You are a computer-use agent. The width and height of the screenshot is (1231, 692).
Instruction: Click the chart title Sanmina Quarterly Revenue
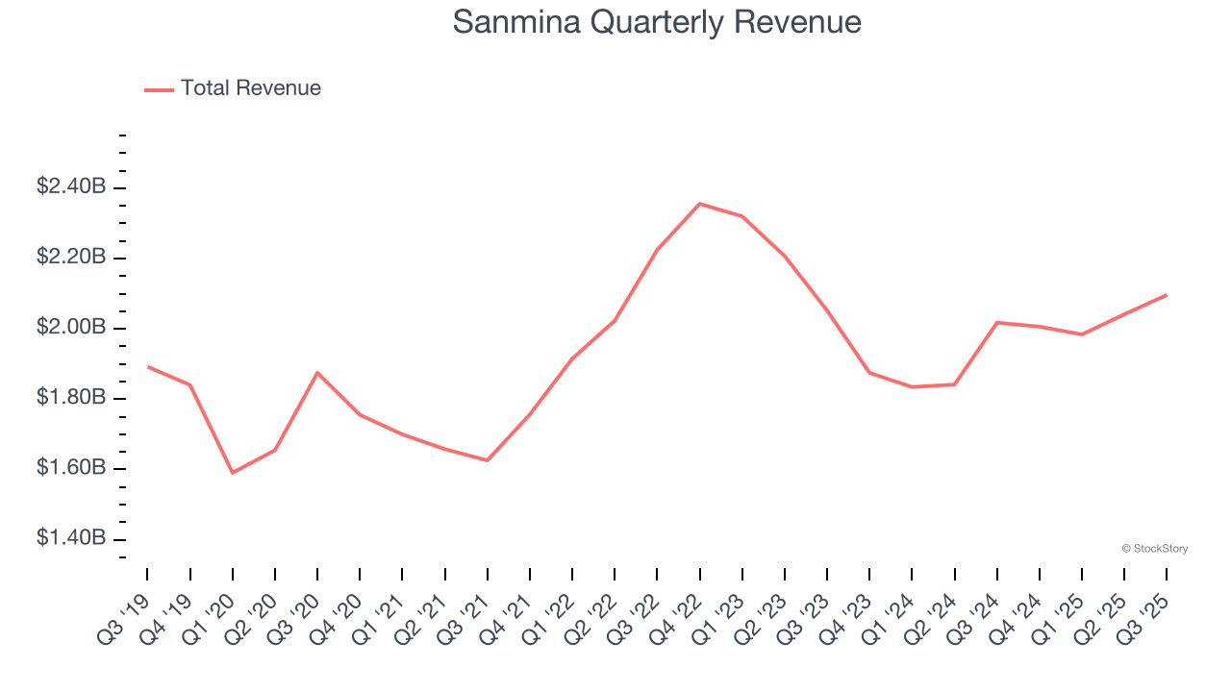pos(657,22)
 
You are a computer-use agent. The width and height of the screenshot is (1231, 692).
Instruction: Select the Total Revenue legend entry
pos(233,88)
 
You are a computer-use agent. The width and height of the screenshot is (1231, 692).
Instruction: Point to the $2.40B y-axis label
pos(71,187)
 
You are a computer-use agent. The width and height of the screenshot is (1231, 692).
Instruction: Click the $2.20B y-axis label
pos(71,258)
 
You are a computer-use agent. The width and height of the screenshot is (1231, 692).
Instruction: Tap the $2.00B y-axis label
pos(71,328)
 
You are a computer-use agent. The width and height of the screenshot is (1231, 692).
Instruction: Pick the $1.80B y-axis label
pos(71,398)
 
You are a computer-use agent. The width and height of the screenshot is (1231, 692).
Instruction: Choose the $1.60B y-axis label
pos(71,468)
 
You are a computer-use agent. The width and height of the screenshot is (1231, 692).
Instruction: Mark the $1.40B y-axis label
pos(71,538)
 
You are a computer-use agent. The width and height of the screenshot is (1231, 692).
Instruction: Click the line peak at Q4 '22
pos(699,204)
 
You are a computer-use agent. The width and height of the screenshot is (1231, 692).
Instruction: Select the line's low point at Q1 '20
pos(232,473)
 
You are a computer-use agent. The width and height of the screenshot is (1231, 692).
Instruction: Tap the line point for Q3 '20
pos(317,372)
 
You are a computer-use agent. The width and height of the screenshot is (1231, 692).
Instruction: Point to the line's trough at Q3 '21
pos(488,460)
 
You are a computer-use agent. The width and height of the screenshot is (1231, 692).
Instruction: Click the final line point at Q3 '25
pos(1167,295)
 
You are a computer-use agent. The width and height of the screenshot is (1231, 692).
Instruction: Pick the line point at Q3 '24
pos(997,322)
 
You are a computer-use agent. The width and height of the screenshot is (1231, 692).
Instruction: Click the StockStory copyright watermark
pos(1154,549)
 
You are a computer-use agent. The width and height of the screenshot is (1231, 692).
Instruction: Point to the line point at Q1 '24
pos(912,386)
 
